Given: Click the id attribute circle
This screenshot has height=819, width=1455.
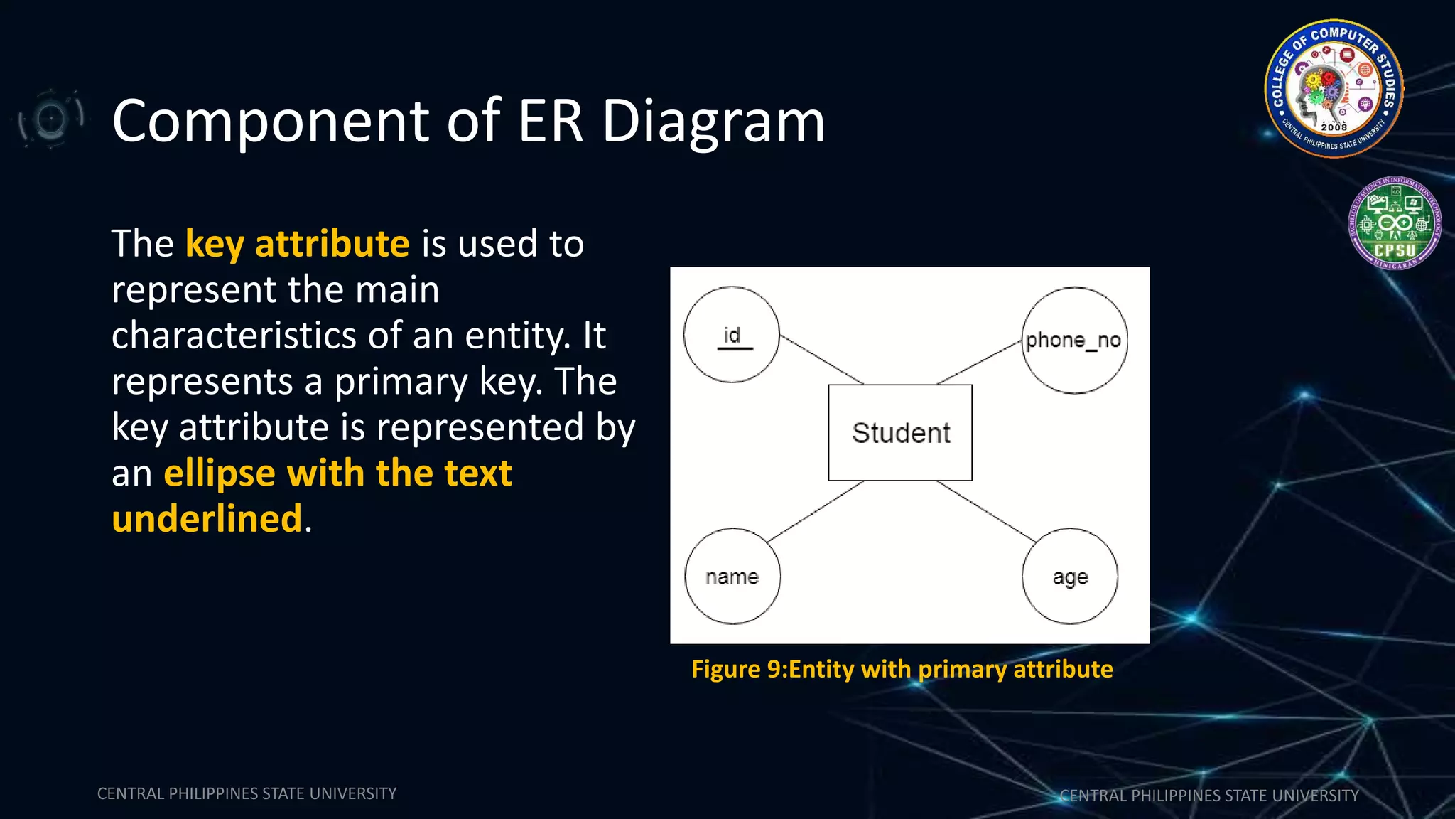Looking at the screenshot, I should point(731,335).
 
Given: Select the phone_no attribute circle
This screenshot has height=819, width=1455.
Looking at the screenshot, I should point(1074,341).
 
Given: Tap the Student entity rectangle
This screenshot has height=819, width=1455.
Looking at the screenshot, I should point(900,433).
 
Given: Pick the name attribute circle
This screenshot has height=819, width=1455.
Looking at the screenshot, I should point(732,577).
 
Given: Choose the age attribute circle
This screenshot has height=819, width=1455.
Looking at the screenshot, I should point(1070,577).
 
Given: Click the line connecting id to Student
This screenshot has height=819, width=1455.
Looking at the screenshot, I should point(821,360).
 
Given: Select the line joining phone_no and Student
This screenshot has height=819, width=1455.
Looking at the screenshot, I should point(979,363).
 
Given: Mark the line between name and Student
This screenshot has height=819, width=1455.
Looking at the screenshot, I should point(816,512).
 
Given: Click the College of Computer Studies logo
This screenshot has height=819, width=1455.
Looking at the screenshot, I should point(1334,88).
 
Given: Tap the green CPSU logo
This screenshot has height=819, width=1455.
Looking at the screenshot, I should point(1395,223).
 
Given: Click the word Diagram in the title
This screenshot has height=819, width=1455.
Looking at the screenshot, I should point(713,122).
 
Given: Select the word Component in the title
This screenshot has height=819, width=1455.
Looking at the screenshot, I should point(270,122).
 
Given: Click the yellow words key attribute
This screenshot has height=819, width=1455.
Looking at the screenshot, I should point(297,244).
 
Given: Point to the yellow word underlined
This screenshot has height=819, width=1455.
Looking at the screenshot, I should point(207,518).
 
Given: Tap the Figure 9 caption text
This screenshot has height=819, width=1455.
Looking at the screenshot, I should point(902,670).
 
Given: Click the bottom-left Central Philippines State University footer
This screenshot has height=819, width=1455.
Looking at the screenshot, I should point(247,793).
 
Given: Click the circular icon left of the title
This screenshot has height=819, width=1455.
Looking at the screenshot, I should point(50,118).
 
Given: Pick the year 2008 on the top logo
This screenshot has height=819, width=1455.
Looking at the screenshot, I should point(1334,127).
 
